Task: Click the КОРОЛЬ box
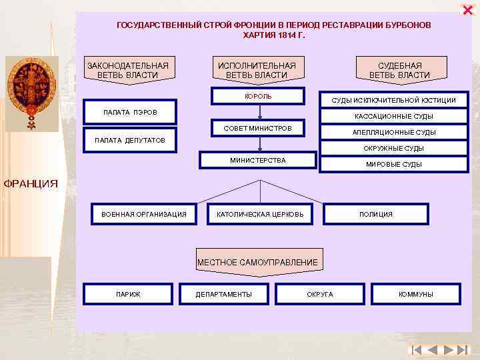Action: click(x=259, y=96)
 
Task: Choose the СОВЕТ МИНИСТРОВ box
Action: click(x=257, y=127)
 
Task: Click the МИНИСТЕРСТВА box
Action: click(x=258, y=160)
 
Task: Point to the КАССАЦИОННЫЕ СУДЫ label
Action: click(x=393, y=116)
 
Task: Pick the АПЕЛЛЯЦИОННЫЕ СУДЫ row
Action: click(x=393, y=132)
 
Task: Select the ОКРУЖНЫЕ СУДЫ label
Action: click(x=393, y=148)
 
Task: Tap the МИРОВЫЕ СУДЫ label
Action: click(x=393, y=164)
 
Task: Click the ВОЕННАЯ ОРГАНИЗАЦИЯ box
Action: click(x=144, y=214)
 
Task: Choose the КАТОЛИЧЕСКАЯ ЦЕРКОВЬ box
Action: click(x=260, y=214)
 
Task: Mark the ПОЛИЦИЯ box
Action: click(x=376, y=214)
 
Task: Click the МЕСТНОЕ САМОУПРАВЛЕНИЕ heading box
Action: click(x=257, y=262)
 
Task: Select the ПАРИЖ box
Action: click(x=128, y=294)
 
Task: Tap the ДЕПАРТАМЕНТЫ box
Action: click(x=224, y=294)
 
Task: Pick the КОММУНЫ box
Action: click(x=416, y=294)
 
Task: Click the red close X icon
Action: click(x=467, y=9)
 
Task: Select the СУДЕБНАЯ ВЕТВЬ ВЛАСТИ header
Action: click(x=400, y=70)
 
